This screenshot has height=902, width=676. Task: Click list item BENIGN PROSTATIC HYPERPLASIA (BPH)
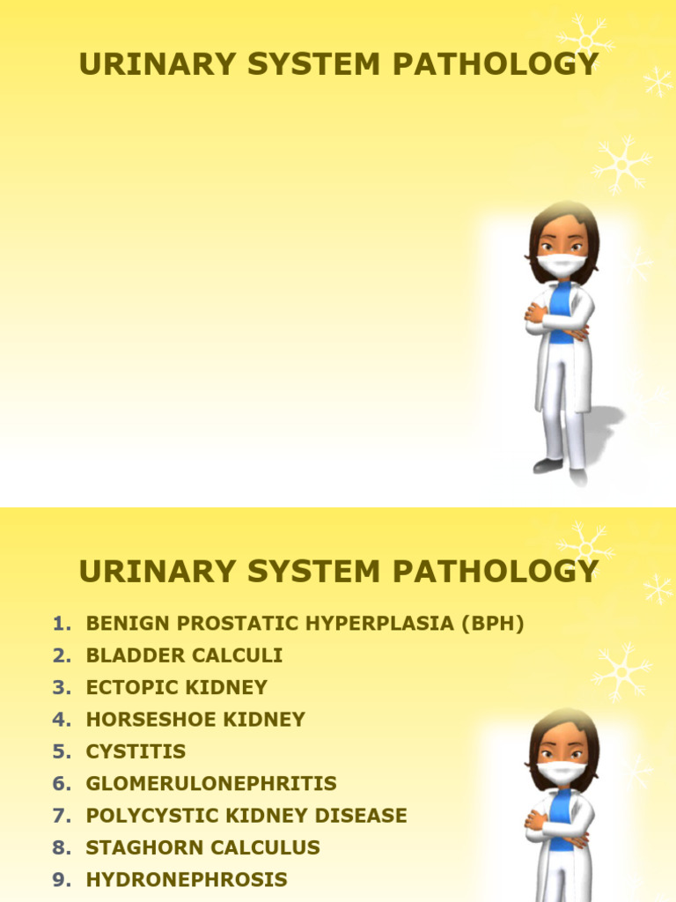coord(305,624)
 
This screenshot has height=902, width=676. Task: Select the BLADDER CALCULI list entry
coord(184,655)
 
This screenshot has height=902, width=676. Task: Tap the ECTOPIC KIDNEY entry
coord(176,687)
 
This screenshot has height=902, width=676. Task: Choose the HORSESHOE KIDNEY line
coord(195,719)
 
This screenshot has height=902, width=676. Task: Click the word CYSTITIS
coord(136,751)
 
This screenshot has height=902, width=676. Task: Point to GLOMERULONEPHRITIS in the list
coord(211,783)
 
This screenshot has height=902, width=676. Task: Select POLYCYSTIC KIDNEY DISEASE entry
coord(246,816)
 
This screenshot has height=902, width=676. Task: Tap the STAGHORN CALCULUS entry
coord(202,847)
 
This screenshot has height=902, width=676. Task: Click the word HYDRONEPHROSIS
coord(187,879)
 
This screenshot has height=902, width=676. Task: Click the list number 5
coord(60,751)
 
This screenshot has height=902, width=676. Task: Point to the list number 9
coord(60,879)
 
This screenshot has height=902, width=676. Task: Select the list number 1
coord(60,624)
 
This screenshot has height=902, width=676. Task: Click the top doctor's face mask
coord(561,264)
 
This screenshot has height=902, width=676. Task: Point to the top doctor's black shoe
coord(547,465)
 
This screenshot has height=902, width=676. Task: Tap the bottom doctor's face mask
coord(561,773)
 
